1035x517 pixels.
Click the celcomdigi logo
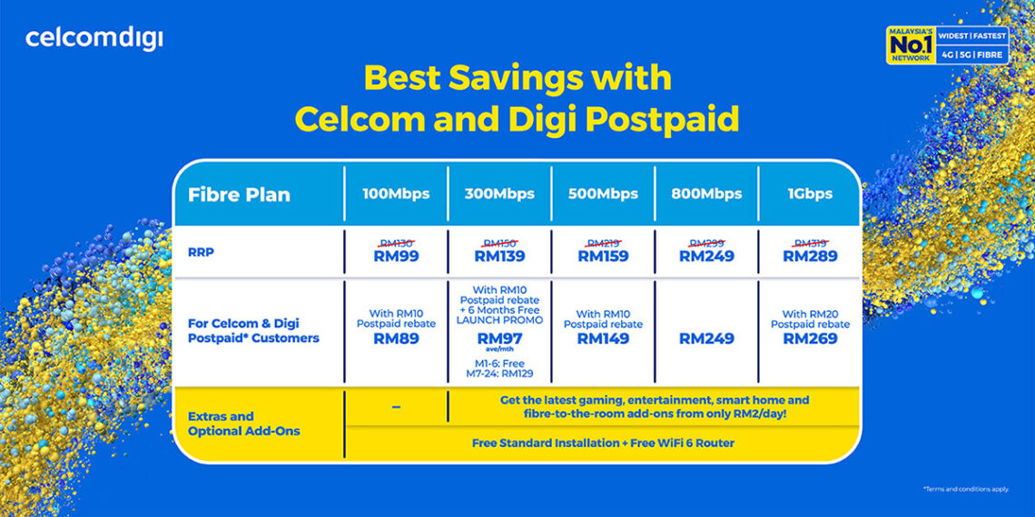click(94, 39)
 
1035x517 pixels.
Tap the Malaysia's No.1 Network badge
click(947, 45)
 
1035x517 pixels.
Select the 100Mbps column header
click(396, 194)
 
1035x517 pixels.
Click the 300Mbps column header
click(499, 194)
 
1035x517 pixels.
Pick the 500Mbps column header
click(603, 194)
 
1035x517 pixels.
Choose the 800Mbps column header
click(706, 194)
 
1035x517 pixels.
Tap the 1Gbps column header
click(810, 194)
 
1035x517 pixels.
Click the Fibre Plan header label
click(239, 195)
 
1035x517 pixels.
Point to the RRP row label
click(201, 252)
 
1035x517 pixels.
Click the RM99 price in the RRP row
click(396, 257)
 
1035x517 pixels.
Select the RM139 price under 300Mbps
click(499, 257)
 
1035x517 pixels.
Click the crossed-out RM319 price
click(810, 243)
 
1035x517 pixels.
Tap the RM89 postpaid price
click(396, 338)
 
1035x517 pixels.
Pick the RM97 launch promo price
click(499, 337)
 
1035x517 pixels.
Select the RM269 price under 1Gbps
click(810, 338)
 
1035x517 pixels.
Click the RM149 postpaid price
click(603, 338)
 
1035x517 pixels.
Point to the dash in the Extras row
click(396, 407)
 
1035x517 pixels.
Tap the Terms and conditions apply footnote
click(965, 489)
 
